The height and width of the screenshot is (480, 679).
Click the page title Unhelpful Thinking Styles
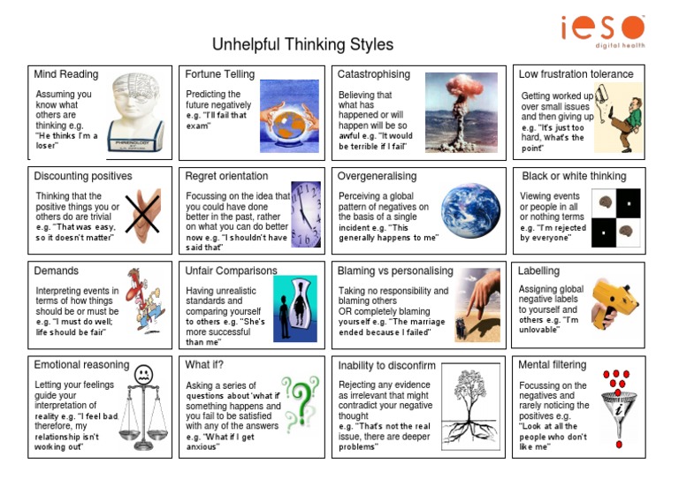(x=302, y=44)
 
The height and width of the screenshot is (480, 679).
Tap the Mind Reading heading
(x=66, y=74)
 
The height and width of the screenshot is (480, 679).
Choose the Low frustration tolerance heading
(x=576, y=74)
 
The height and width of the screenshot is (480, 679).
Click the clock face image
(x=306, y=214)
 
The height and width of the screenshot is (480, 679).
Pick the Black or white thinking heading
(x=574, y=176)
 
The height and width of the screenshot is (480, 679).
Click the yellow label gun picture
(x=615, y=301)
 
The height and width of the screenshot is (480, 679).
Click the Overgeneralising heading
(x=378, y=176)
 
